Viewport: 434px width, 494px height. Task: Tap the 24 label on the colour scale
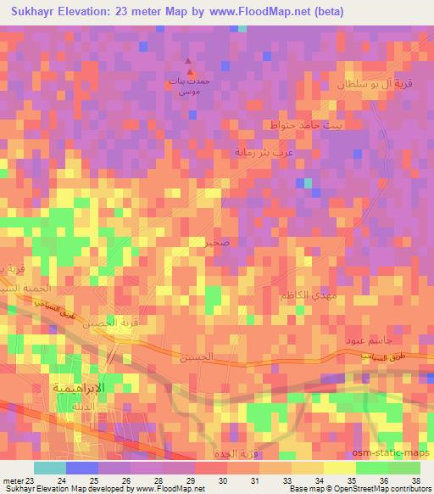point(60,481)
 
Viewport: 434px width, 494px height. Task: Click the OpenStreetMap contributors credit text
point(381,490)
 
